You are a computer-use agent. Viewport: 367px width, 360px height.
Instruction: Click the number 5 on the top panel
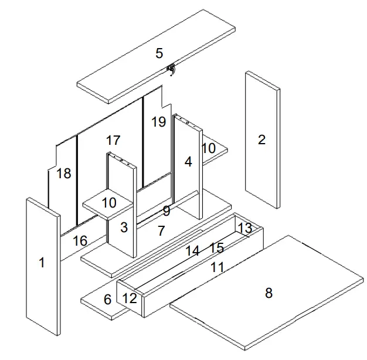159,53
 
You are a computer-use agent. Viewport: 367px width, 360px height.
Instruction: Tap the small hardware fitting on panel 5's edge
171,70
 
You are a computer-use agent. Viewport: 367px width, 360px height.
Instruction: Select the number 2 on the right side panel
261,140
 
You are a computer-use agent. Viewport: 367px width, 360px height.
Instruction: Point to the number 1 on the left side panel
42,263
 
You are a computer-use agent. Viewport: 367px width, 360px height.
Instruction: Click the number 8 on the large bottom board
269,293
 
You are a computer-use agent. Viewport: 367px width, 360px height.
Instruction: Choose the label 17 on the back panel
113,141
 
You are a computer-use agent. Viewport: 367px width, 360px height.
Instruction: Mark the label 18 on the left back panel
64,174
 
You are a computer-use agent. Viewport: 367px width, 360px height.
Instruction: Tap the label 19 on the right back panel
158,122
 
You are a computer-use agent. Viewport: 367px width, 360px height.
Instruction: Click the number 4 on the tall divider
188,162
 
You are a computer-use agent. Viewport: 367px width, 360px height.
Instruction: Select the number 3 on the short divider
124,227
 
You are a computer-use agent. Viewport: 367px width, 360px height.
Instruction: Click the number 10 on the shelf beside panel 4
209,148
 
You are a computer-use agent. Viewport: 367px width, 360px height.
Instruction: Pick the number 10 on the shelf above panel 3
108,203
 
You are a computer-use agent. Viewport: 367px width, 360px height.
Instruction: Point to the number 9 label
166,210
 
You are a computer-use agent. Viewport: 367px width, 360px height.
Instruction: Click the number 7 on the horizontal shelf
162,231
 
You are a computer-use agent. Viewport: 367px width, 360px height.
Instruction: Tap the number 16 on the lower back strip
80,241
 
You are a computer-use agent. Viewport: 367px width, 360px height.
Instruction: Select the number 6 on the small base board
107,300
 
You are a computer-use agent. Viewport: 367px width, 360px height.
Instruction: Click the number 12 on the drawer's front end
130,298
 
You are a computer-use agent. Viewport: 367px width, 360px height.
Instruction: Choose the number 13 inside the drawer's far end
244,227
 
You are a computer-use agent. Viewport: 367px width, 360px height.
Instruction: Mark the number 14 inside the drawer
193,251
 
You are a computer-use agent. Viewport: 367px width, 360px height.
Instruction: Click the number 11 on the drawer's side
218,267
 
